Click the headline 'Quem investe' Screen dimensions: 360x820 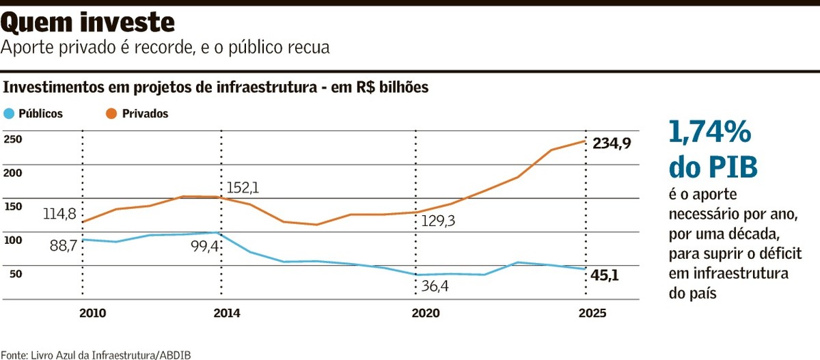(88, 23)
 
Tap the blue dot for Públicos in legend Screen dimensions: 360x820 (9, 114)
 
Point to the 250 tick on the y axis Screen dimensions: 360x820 (13, 139)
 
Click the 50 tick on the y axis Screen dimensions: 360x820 (15, 274)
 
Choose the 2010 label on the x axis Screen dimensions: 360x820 (92, 314)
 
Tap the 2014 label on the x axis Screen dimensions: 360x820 (226, 314)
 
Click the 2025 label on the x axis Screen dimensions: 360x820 (591, 314)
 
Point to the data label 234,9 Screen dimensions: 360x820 (612, 144)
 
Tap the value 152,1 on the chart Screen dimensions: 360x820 (244, 187)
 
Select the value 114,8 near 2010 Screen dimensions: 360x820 (59, 214)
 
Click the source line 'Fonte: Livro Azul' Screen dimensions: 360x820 (96, 355)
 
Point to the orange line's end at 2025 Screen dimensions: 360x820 (585, 141)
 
